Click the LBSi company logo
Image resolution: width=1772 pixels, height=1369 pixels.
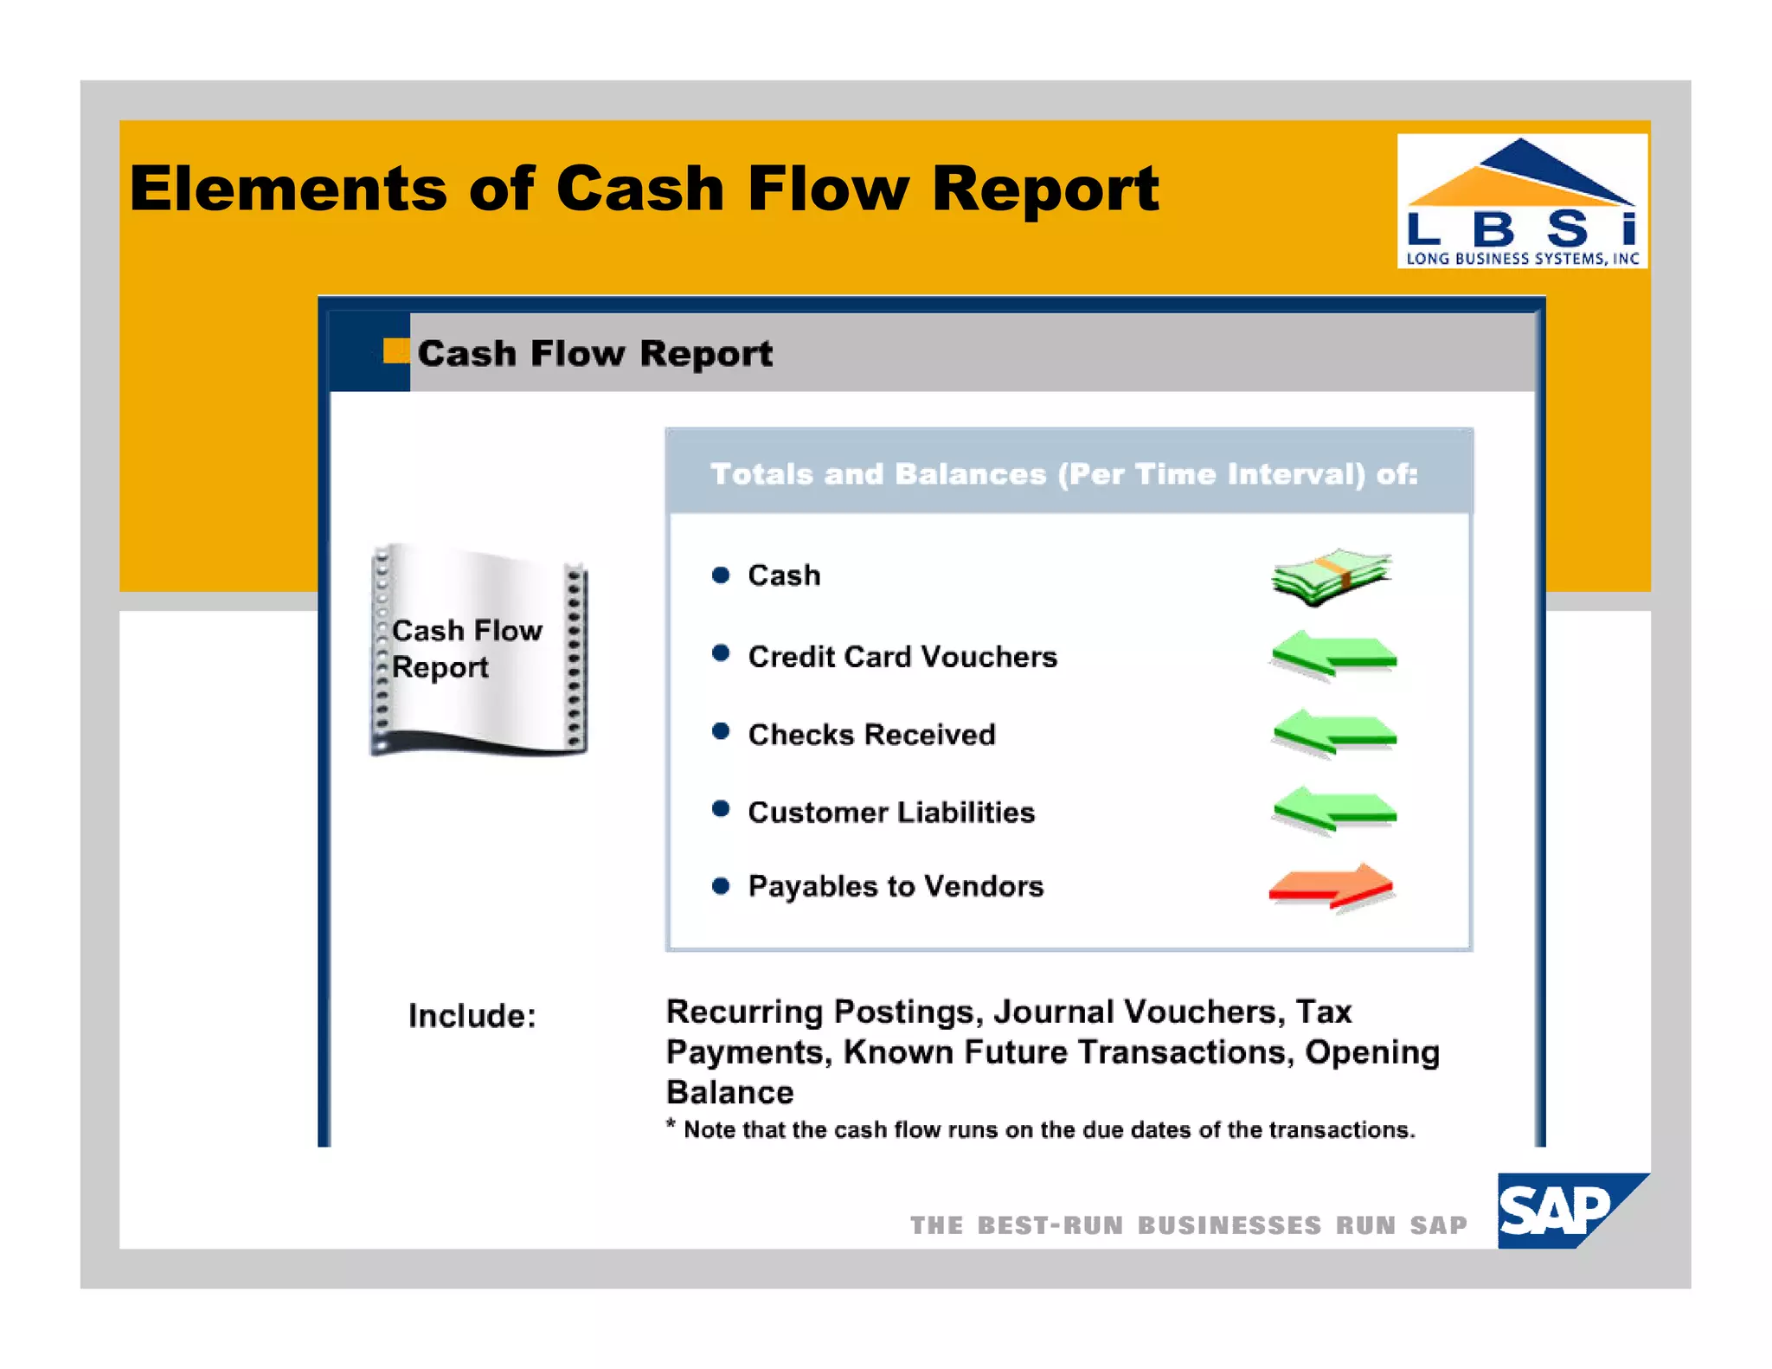(1521, 201)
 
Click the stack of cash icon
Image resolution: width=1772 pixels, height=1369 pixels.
(1332, 575)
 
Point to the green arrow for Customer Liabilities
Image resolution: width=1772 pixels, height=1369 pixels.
(1333, 811)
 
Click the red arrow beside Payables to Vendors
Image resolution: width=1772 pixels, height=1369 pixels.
(1332, 887)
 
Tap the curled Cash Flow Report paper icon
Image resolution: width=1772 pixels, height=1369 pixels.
(478, 650)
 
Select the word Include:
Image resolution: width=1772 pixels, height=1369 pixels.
(472, 1016)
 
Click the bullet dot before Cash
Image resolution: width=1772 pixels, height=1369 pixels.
(720, 575)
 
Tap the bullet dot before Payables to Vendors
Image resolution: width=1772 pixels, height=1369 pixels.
(720, 886)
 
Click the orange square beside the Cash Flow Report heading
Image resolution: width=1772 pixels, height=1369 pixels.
(395, 350)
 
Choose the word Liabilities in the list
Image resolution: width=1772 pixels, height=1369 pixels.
(966, 813)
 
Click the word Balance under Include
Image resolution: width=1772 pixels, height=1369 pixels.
(729, 1093)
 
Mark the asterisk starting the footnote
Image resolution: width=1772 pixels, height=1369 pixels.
(671, 1126)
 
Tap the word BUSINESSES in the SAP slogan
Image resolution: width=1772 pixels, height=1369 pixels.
(1229, 1225)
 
